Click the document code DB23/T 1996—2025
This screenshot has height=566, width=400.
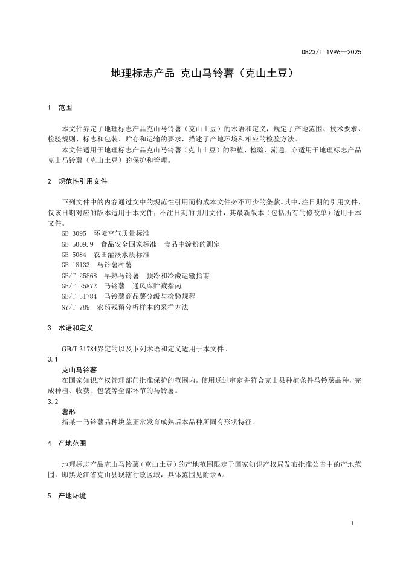[x=331, y=53]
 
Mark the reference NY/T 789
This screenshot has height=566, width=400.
[x=76, y=307]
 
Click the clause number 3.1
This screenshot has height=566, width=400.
[x=53, y=359]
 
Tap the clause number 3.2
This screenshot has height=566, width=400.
[x=53, y=402]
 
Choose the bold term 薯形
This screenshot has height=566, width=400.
[x=68, y=411]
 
